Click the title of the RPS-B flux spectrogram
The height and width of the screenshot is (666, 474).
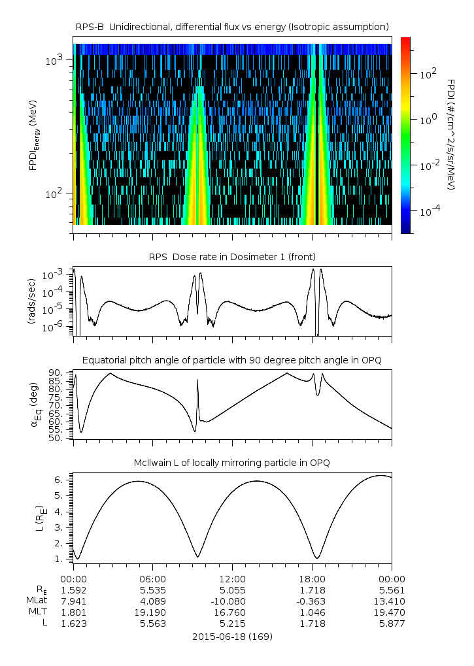(233, 26)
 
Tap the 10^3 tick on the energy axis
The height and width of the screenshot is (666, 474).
(54, 60)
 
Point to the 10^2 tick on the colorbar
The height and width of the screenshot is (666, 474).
(428, 74)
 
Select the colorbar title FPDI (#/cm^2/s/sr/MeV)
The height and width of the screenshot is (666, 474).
(452, 135)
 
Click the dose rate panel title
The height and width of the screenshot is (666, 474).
(233, 256)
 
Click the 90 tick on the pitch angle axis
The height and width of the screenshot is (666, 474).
(56, 373)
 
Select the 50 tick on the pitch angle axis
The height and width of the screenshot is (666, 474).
(56, 438)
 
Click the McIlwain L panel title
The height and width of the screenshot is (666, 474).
(233, 463)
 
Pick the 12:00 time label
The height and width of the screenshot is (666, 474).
(233, 578)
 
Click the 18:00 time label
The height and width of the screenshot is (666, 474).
(313, 578)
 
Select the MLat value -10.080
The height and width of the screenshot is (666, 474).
(233, 601)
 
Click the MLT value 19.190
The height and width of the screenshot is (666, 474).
(153, 612)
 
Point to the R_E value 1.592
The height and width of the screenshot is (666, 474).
(73, 590)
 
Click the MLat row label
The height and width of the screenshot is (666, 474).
(36, 601)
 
